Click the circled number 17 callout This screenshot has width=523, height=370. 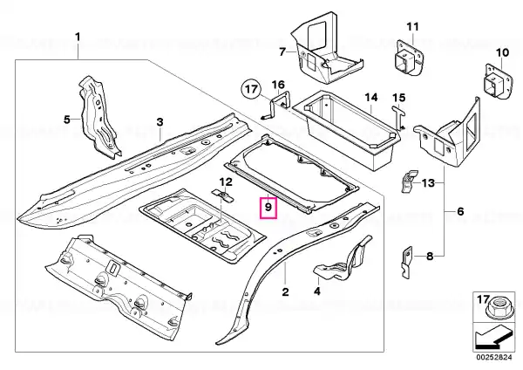251,89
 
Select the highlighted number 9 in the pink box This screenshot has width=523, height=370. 268,208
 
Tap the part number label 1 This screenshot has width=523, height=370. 78,37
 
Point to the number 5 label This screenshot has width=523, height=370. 67,119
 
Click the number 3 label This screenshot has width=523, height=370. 160,122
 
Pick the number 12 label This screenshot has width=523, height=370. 226,182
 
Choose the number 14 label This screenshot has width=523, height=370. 371,98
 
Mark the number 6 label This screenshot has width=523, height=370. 460,211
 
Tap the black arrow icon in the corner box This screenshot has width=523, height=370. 493,339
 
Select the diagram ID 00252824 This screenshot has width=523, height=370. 494,358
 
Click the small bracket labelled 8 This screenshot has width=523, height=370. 406,263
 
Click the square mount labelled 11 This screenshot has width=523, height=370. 408,58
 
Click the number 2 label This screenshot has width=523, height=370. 285,291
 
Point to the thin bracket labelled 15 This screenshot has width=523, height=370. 398,117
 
